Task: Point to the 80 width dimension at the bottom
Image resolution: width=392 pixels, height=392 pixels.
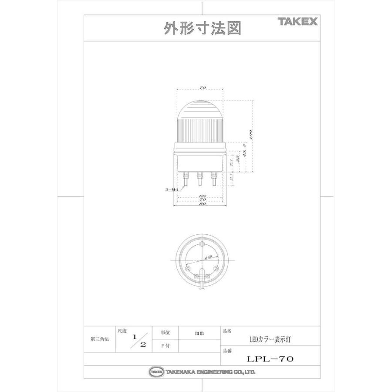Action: point(202,203)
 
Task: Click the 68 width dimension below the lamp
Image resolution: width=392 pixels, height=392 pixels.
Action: point(202,196)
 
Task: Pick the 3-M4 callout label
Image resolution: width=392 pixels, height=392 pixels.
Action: point(172,189)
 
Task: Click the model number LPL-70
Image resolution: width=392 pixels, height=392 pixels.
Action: point(270,359)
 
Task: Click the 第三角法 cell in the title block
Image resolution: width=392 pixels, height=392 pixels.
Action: point(99,338)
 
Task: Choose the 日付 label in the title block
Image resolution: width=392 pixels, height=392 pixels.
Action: point(165,345)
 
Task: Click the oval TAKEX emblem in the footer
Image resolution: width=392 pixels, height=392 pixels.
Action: point(156,372)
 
